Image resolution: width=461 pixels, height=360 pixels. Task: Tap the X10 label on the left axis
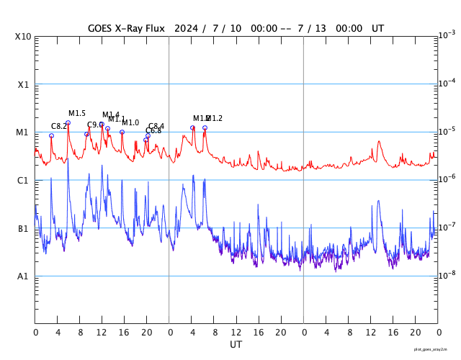24,37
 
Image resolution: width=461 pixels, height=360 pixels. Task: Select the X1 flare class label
24,84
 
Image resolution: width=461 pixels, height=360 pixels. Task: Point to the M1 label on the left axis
24,132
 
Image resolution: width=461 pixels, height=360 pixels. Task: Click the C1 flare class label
24,181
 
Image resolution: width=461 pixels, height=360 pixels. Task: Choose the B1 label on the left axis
24,229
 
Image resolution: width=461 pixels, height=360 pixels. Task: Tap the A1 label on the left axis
24,276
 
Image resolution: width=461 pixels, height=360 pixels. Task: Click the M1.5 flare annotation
77,114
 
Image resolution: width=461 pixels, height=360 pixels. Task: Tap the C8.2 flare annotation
59,127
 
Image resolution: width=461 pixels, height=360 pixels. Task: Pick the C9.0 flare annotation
95,125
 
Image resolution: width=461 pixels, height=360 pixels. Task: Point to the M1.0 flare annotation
131,123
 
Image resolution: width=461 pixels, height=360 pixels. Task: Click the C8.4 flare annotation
156,127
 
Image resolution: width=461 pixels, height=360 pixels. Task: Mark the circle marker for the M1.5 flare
68,123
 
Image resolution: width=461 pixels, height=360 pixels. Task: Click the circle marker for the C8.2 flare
51,135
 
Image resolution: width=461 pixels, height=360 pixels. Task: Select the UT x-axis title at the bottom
236,345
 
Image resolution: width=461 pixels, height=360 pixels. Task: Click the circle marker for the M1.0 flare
122,132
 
